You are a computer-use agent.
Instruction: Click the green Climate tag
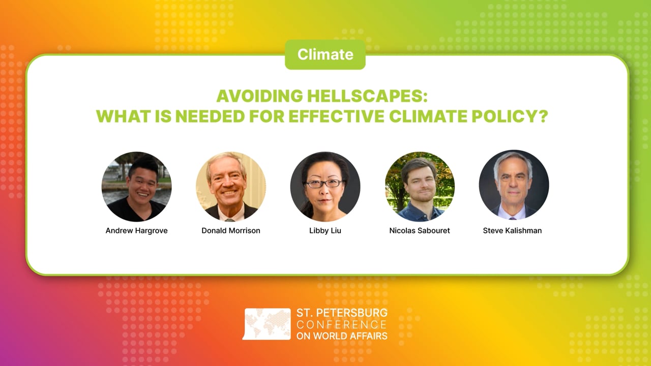click(325, 54)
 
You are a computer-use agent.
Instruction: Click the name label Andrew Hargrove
click(136, 231)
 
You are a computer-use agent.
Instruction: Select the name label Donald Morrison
click(231, 231)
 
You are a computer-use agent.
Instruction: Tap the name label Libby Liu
click(325, 231)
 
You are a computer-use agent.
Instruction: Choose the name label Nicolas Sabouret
click(420, 231)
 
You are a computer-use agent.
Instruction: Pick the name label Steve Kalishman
click(512, 231)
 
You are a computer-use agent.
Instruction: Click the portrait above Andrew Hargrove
click(136, 187)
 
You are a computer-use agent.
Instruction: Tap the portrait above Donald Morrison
click(231, 187)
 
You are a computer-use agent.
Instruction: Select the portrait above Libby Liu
click(325, 187)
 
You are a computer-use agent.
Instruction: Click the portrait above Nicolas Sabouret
click(420, 187)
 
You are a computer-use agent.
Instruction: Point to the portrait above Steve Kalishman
click(514, 185)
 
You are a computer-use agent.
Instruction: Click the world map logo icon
click(267, 324)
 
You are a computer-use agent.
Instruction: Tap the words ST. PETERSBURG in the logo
click(342, 313)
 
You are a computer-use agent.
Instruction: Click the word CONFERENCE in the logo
click(342, 324)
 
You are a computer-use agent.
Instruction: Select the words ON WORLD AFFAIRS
click(342, 335)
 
